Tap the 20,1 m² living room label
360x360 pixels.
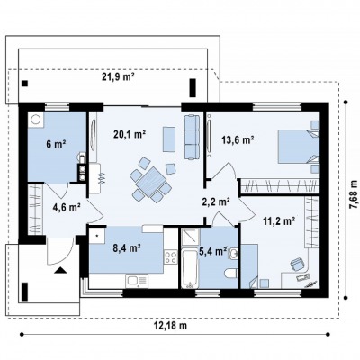click(x=130, y=134)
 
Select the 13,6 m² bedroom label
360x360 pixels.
click(x=238, y=139)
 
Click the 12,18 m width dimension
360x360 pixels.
click(x=170, y=326)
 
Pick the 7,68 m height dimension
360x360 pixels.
click(x=355, y=194)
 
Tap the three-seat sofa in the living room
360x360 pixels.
click(x=192, y=137)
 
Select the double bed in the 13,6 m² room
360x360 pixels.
click(x=299, y=147)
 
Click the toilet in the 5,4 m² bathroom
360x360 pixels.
click(x=231, y=273)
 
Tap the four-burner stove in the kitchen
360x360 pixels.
click(x=171, y=257)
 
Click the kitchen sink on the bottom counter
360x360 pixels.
click(x=137, y=281)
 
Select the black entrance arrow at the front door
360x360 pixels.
click(x=60, y=271)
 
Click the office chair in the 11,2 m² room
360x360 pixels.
click(x=297, y=265)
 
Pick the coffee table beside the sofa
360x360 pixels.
click(x=169, y=139)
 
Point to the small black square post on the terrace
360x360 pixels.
click(x=25, y=84)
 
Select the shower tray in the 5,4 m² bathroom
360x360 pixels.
click(x=190, y=239)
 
